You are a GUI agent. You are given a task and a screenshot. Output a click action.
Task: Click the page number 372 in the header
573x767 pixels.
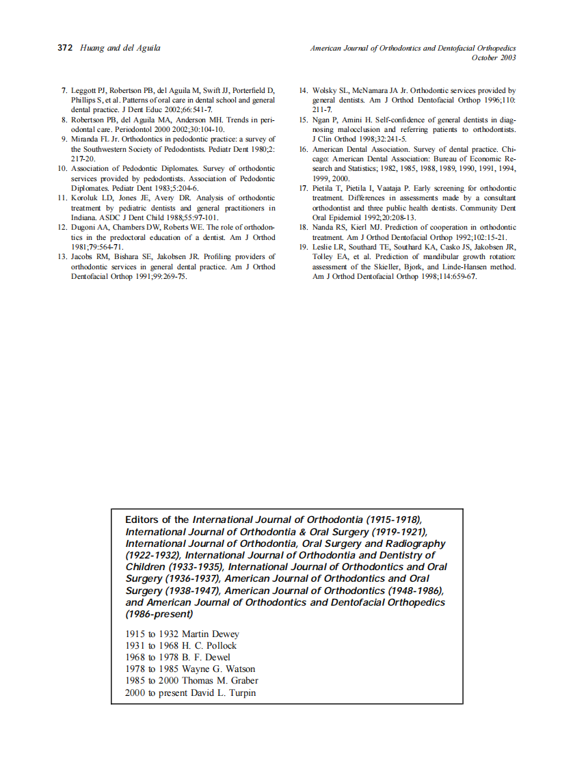(65, 49)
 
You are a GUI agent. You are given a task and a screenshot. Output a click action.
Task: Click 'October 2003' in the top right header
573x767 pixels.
(494, 58)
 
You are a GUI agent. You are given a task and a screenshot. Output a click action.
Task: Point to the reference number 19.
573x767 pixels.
(304, 247)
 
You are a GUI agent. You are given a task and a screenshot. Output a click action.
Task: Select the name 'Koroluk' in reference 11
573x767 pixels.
(85, 198)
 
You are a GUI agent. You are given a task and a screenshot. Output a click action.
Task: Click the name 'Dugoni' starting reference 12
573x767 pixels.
(85, 228)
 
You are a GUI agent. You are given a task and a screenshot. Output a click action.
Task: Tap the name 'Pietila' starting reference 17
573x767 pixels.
(324, 188)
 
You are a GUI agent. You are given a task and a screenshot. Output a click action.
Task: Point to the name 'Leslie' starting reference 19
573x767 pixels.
(324, 247)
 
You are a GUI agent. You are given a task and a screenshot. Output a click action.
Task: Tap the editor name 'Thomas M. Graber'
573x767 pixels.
(220, 681)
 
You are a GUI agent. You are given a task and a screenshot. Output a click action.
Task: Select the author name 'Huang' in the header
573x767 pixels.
(91, 49)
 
